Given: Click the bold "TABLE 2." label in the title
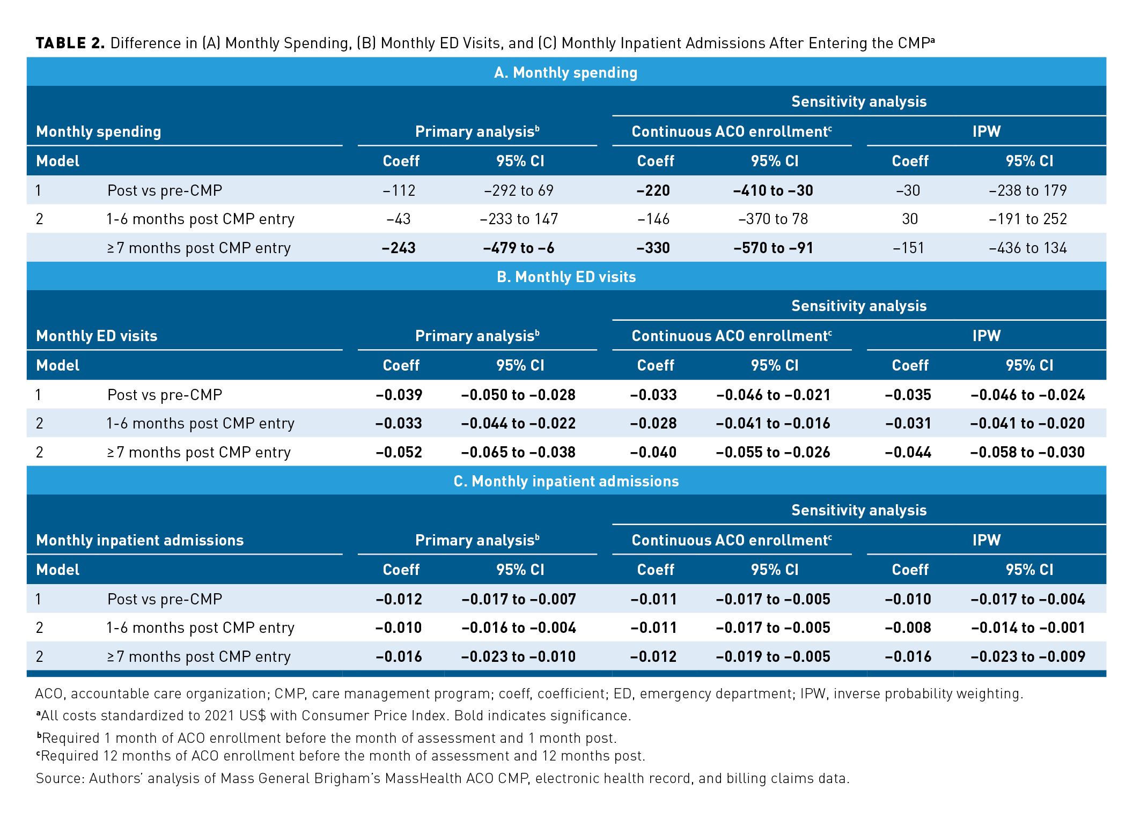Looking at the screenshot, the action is click(70, 43).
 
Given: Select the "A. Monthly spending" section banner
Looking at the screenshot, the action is click(566, 72).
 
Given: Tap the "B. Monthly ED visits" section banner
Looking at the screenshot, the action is click(566, 277).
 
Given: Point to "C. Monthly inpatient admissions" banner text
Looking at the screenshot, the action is click(566, 481).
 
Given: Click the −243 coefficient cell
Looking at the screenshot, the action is click(399, 248).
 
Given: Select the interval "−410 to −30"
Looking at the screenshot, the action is click(773, 190).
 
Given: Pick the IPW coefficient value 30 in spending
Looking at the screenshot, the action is click(910, 219).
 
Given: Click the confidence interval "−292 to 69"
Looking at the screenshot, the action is click(519, 190).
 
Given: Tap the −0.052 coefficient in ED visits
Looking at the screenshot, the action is click(399, 452).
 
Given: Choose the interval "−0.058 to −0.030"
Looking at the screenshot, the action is click(1027, 452).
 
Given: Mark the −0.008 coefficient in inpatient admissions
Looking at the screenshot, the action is click(908, 628).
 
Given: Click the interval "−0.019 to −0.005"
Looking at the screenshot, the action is click(773, 656).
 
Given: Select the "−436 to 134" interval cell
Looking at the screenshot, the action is click(1028, 248).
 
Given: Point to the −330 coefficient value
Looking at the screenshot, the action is click(653, 248).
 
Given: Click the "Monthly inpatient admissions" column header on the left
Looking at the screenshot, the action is click(140, 540).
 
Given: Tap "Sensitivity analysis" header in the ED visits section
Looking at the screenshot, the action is click(859, 306).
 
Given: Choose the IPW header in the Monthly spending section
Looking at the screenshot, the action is click(987, 131).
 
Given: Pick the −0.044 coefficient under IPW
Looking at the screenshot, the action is click(908, 452).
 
